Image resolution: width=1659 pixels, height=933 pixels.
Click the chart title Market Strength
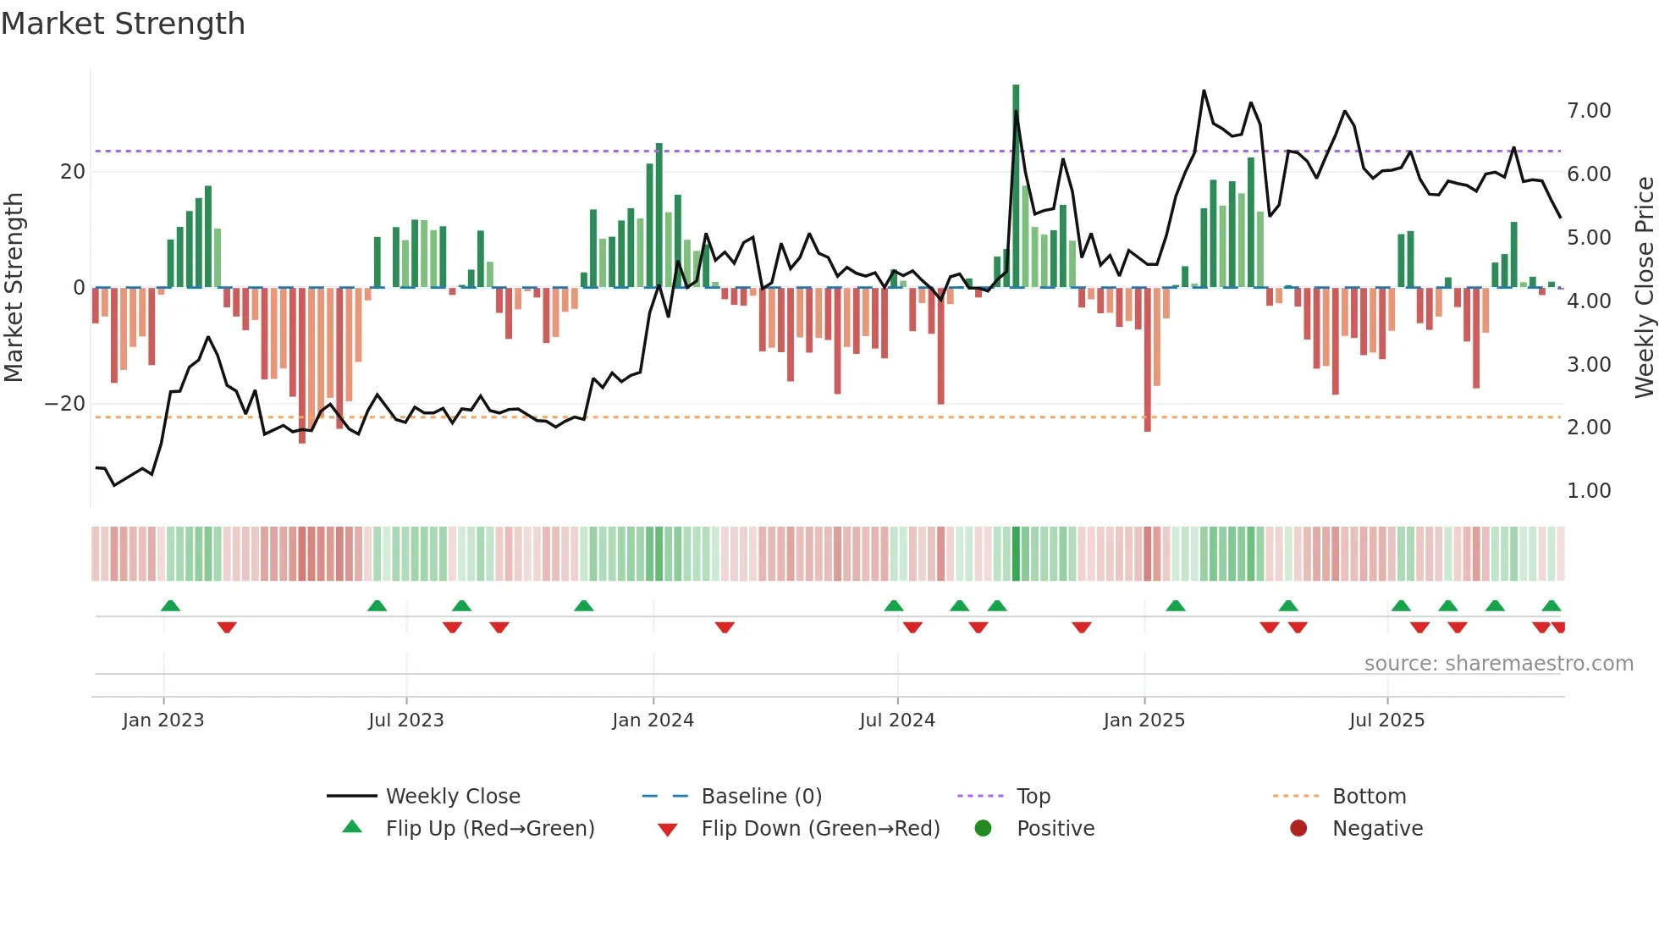coord(123,24)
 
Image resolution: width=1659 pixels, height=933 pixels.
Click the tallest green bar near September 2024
coord(1016,186)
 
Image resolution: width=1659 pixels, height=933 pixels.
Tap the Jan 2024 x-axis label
coord(653,720)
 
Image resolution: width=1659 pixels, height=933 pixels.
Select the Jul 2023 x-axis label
coord(405,720)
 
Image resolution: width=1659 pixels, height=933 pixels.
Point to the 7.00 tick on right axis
coord(1589,111)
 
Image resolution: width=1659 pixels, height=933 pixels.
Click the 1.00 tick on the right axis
coord(1589,491)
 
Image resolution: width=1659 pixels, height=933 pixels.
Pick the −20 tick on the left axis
coord(65,404)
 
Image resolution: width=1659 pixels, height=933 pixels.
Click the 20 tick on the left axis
coord(73,172)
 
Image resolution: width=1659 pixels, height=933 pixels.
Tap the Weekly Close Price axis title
coord(1644,288)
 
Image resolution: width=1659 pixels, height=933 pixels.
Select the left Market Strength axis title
coord(14,288)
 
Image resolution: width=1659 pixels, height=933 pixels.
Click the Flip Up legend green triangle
coord(352,827)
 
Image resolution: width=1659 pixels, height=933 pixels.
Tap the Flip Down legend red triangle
coord(667,830)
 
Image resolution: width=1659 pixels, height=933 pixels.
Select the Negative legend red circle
coord(1298,829)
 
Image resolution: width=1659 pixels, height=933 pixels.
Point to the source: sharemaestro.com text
coord(1498,664)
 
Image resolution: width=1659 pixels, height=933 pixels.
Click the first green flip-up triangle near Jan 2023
coord(170,605)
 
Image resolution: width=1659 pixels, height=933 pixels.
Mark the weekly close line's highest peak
coord(1204,91)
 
